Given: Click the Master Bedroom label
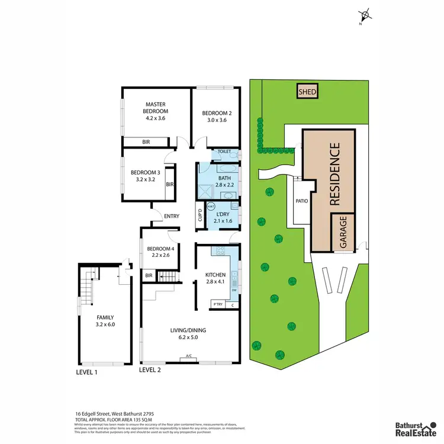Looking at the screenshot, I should click(x=157, y=107).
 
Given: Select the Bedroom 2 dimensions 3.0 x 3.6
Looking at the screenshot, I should click(x=216, y=121).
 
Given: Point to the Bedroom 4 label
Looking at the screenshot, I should click(x=160, y=248).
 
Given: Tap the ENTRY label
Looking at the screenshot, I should click(x=172, y=216).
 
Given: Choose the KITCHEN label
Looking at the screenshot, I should click(x=215, y=275).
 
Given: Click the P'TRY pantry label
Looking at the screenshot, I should click(x=217, y=305).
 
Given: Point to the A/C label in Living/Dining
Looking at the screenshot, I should click(x=189, y=356).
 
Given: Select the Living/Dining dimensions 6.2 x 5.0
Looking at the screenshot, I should click(x=189, y=339).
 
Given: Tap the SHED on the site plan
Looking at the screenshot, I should click(x=307, y=92).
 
